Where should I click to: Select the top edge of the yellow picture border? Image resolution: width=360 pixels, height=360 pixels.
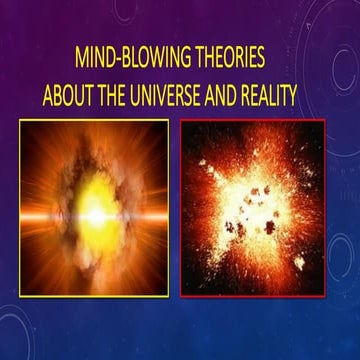coord(92,121)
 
